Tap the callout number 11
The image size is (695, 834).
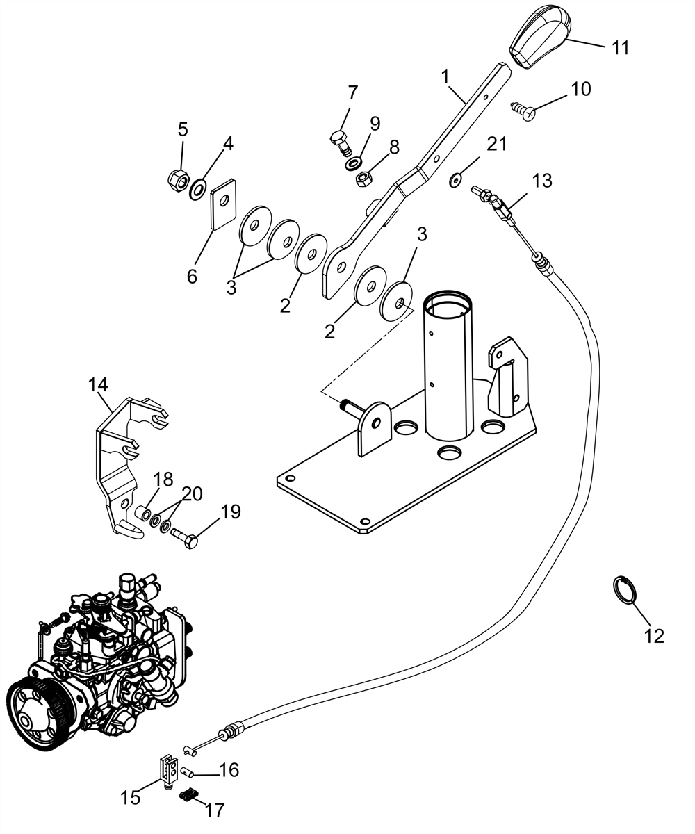pos(621,48)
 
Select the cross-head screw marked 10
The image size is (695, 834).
pos(523,111)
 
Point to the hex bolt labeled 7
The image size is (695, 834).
pos(341,142)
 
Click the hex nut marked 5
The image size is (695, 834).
pos(178,181)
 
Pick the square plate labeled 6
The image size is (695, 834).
pos(223,204)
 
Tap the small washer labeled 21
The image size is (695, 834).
pos(455,180)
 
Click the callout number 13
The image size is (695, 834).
pos(542,181)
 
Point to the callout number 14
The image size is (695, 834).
pos(98,385)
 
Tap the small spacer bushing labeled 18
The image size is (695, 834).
pos(143,514)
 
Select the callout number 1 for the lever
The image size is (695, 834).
pos(445,76)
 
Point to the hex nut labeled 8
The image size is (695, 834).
pos(364,178)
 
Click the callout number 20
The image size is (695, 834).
pos(192,494)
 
